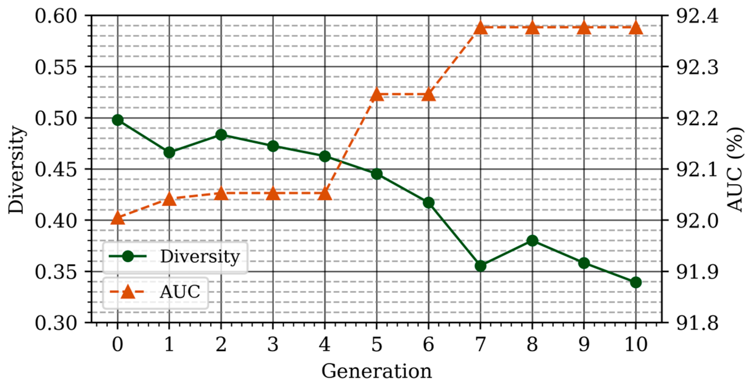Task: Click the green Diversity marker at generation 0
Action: pos(118,120)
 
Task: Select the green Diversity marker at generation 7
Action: pos(480,266)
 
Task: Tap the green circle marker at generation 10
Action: pos(636,282)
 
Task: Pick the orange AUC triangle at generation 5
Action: pos(377,95)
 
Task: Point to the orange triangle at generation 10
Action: pos(636,28)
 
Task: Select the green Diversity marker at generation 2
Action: pos(221,135)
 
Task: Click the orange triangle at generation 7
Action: pos(480,28)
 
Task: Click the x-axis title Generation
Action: pos(376,371)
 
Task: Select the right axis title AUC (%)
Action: pos(735,170)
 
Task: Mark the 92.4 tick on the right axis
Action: pos(697,16)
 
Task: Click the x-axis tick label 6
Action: pos(428,344)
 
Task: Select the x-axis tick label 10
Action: pos(636,344)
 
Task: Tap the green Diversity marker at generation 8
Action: pos(532,241)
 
